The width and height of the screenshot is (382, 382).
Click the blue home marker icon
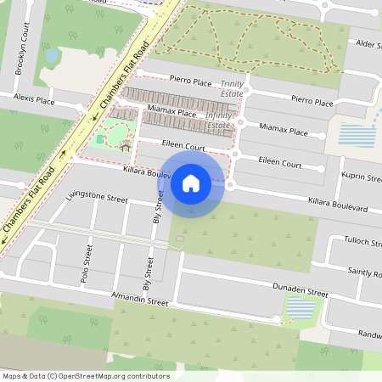point(191,183)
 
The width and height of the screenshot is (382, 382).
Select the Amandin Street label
point(141,300)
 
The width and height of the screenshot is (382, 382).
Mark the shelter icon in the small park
point(126,148)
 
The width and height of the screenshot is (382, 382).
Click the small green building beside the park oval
point(100,138)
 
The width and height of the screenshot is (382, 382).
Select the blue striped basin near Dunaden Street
point(297,306)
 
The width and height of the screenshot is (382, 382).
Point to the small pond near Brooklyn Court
point(52,56)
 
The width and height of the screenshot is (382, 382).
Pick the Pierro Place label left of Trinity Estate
point(190,81)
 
